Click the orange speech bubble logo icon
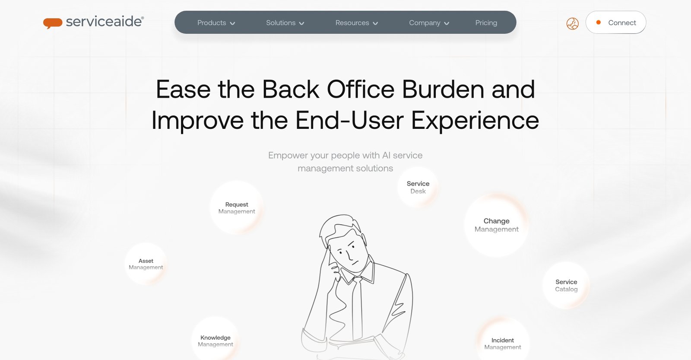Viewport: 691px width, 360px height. point(53,23)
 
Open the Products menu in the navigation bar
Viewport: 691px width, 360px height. point(216,23)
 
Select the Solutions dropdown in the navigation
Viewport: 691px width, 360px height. point(285,23)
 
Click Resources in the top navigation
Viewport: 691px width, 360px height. point(356,23)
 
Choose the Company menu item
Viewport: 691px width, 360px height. point(429,23)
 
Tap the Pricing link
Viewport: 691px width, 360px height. point(486,23)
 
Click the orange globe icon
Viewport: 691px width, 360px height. point(572,23)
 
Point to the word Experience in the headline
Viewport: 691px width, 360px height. point(475,120)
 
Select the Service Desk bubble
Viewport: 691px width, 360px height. point(418,188)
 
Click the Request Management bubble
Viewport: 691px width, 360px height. point(237,208)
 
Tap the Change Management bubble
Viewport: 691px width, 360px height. point(496,225)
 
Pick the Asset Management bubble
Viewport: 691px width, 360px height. point(146,264)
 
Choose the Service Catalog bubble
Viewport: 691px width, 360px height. point(566,285)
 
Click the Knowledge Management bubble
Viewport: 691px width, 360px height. point(215,341)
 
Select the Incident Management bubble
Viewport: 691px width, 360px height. point(502,343)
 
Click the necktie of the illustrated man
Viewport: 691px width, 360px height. point(357,307)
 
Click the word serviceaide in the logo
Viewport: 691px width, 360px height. point(104,22)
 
